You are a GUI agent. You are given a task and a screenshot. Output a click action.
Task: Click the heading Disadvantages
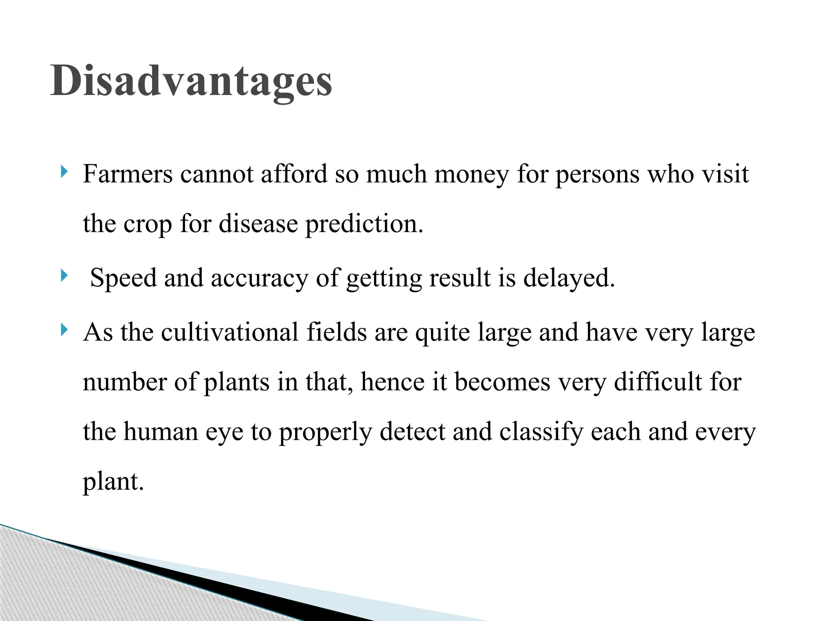(x=191, y=81)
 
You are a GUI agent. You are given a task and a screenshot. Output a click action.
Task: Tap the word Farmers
(x=128, y=174)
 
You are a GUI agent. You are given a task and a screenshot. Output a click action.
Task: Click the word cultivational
(x=230, y=332)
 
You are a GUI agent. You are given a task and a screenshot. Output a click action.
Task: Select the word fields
(x=337, y=332)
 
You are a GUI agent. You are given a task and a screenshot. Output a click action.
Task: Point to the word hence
(x=393, y=382)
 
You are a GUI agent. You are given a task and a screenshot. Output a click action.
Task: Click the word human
(x=161, y=431)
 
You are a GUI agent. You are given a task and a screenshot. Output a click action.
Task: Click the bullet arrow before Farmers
(x=64, y=172)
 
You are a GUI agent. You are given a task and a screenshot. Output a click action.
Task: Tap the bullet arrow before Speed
(x=64, y=276)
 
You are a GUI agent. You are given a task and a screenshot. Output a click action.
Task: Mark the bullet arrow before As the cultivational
(x=64, y=330)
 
